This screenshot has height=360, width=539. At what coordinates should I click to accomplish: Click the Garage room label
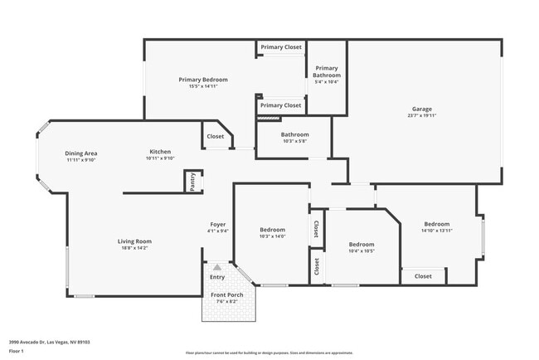click(422, 109)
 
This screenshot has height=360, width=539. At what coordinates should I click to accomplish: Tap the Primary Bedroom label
click(203, 80)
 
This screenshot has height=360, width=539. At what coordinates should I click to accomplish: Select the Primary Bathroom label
click(327, 71)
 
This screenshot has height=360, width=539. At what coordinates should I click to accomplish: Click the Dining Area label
click(82, 153)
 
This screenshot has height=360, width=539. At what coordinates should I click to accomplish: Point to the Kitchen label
click(160, 152)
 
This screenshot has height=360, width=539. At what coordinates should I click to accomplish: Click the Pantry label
click(192, 182)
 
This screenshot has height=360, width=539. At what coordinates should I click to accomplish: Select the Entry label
click(217, 277)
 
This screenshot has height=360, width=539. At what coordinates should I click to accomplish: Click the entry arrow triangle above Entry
click(217, 267)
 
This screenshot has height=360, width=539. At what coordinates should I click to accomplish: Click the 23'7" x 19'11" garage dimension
click(422, 115)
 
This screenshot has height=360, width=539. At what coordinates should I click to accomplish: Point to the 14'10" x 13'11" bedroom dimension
click(437, 231)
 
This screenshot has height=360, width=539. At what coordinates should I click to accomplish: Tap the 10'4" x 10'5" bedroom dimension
click(361, 251)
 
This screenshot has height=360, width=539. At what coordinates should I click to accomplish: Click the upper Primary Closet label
click(281, 47)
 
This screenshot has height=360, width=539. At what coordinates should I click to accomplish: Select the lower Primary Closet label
click(281, 105)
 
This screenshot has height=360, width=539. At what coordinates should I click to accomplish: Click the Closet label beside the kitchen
click(216, 136)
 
